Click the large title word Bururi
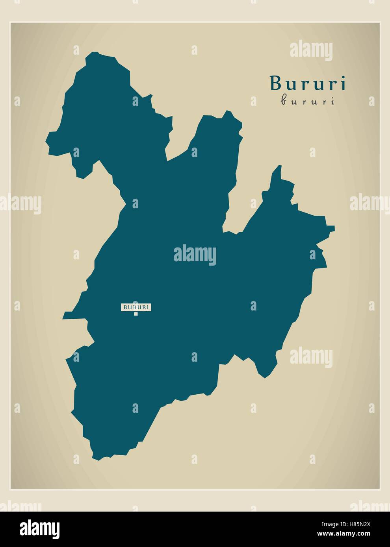tap(307, 83)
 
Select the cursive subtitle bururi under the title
tap(307, 101)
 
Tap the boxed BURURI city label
tap(136, 307)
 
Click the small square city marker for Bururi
tap(136, 314)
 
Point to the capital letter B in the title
tap(276, 83)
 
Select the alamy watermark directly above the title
tap(311, 52)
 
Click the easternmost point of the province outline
tap(334, 227)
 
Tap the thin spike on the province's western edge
tap(64, 317)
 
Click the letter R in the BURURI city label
tap(136, 307)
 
